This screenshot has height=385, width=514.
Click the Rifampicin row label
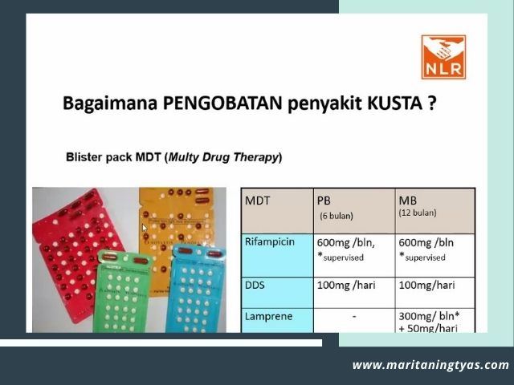pyautogui.click(x=275, y=241)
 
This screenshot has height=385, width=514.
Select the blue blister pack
pyautogui.click(x=197, y=285)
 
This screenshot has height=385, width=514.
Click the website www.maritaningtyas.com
pyautogui.click(x=430, y=365)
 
